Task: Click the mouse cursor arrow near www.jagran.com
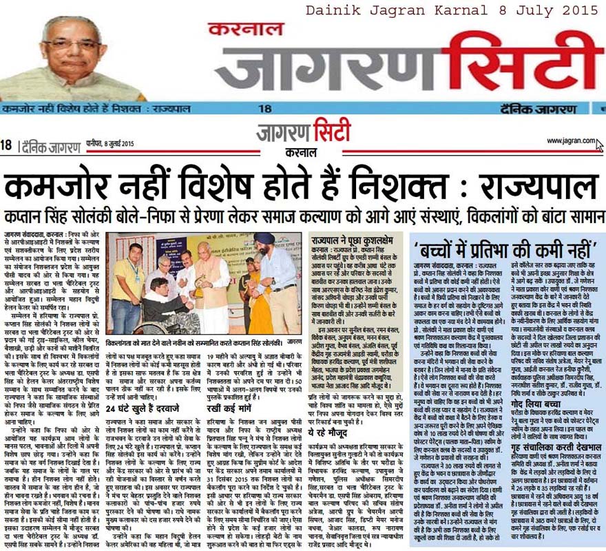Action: pos(600,145)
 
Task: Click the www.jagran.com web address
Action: pos(570,141)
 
